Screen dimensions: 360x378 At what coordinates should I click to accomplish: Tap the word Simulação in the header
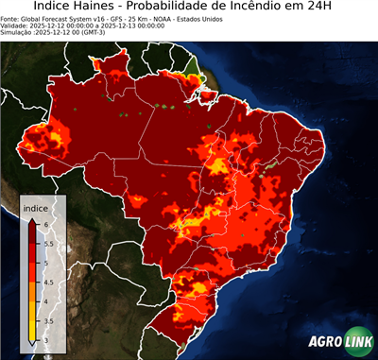(x=19, y=32)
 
